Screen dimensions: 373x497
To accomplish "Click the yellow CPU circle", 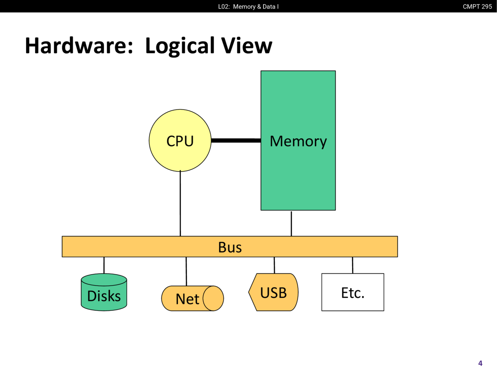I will click(x=180, y=141).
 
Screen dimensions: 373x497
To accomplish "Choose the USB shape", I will click(x=274, y=292).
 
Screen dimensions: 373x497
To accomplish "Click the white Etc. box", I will click(x=353, y=292).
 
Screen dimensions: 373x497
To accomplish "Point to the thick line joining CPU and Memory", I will click(x=236, y=140).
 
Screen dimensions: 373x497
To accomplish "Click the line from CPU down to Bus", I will click(x=180, y=204).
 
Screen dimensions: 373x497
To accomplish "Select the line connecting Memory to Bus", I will click(x=291, y=223).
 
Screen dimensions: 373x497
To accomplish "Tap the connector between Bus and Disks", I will click(x=104, y=265).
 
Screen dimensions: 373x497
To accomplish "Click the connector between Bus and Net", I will click(x=186, y=271).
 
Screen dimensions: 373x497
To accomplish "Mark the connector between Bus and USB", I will click(x=274, y=265).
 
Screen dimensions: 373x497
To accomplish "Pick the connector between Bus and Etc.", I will click(x=353, y=265).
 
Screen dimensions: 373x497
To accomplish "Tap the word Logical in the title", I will click(x=180, y=46).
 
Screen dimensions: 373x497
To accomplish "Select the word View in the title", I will click(x=247, y=46).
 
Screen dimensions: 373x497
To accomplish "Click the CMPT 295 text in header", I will click(x=477, y=7).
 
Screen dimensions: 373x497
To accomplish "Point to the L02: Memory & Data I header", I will click(x=248, y=7).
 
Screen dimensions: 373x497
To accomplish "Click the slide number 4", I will click(x=480, y=363).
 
